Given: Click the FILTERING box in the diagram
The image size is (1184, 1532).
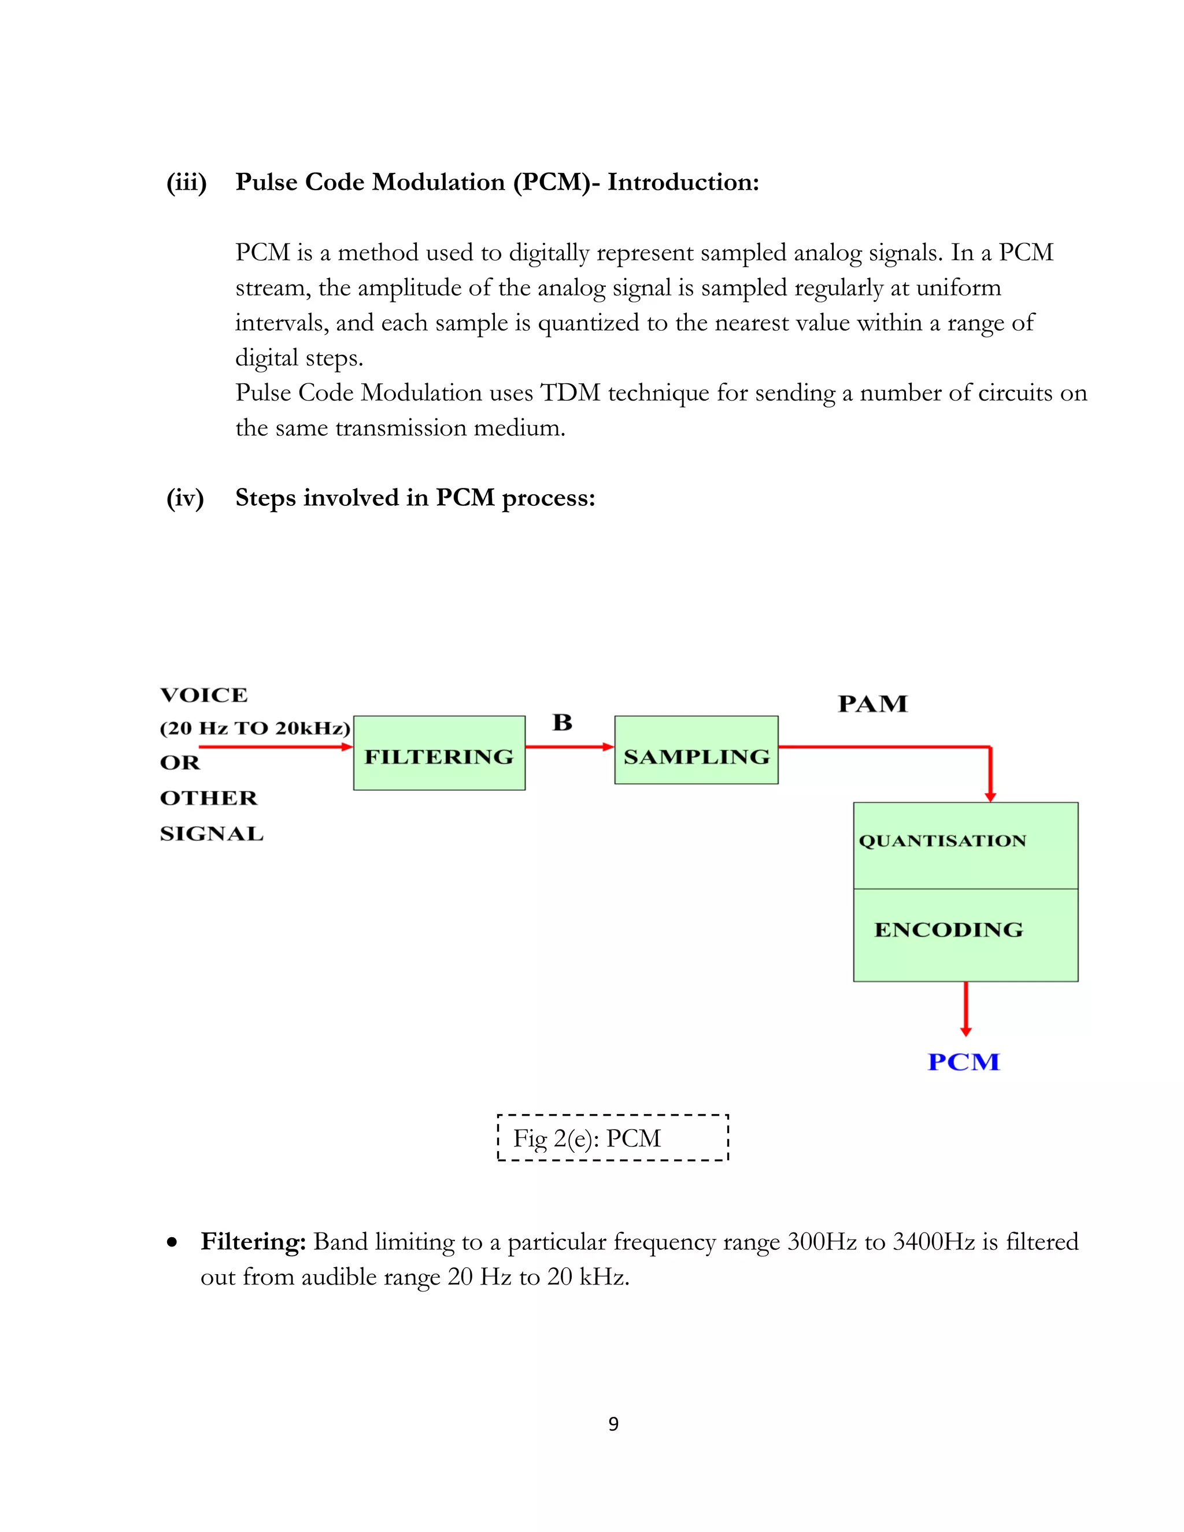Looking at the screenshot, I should click(439, 753).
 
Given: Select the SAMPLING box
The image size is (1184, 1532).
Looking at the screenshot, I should click(696, 750).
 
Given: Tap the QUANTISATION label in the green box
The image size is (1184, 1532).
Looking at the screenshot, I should click(942, 841).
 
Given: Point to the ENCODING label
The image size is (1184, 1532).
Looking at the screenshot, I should click(948, 930).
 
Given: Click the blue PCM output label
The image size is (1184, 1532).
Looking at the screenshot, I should click(963, 1062).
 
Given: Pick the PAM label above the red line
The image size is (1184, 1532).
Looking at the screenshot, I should click(872, 704).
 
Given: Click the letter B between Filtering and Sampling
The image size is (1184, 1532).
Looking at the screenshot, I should click(562, 723).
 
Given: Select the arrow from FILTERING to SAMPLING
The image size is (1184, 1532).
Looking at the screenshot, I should click(569, 747).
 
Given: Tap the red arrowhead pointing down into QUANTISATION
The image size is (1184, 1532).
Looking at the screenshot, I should click(990, 796).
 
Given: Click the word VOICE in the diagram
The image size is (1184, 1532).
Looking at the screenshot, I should click(203, 695).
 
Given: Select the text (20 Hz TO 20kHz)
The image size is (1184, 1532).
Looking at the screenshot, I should click(254, 728).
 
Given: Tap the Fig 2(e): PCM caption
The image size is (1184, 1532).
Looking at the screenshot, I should click(587, 1138).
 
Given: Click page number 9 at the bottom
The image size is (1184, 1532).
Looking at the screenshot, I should click(613, 1424).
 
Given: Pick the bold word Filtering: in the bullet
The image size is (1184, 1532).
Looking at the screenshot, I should click(253, 1242).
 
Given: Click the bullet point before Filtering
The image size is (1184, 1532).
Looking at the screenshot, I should click(172, 1244).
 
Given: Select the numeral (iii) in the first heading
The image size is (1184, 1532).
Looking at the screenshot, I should click(186, 182).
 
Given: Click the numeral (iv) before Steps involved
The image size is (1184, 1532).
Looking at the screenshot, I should click(184, 498).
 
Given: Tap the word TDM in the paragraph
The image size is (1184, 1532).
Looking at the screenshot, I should click(569, 393).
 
